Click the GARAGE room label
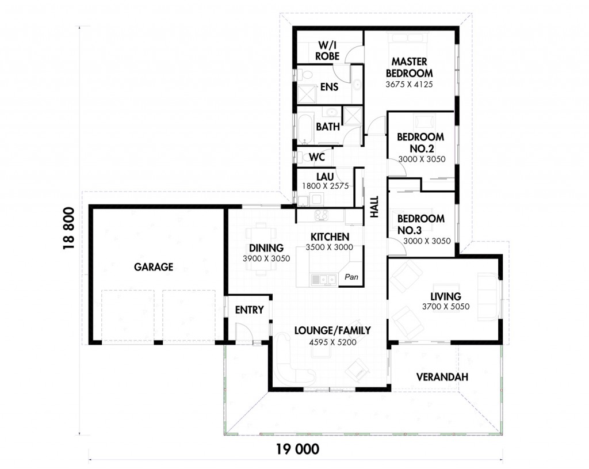[x=154, y=267]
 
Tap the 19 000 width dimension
[x=298, y=449]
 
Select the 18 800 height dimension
[x=69, y=228]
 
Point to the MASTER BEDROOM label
[x=409, y=67]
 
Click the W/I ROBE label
[x=327, y=51]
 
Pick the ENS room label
[x=329, y=87]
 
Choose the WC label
[x=317, y=157]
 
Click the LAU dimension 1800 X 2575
[x=326, y=186]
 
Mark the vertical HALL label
[x=374, y=207]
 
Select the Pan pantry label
[x=351, y=277]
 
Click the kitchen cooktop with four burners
[x=321, y=215]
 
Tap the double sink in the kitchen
[x=323, y=280]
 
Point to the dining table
[x=259, y=249]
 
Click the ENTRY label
[x=250, y=310]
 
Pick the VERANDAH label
[x=442, y=377]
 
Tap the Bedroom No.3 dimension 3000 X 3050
[x=427, y=241]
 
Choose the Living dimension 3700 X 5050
[x=446, y=307]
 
